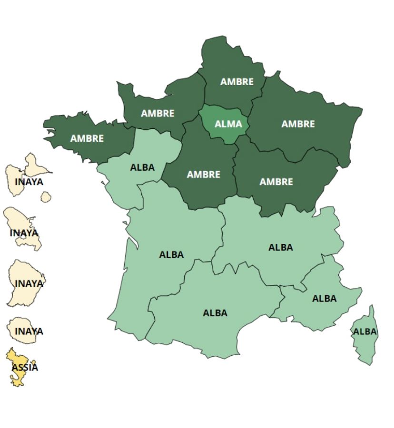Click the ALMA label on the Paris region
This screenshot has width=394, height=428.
coord(228,125)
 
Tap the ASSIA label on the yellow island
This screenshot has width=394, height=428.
coord(25,367)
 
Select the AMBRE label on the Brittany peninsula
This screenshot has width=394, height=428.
coord(87,138)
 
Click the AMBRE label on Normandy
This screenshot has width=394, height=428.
coord(158,113)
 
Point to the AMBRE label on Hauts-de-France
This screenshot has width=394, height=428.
coord(237,82)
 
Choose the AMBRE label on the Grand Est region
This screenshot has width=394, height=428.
coord(298,124)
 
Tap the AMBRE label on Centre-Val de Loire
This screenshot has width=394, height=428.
coord(204,175)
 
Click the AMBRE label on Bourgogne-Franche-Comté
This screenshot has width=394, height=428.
coord(276,182)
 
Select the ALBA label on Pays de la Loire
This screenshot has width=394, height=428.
coord(142,167)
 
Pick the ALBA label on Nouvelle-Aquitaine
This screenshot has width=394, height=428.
coord(171,254)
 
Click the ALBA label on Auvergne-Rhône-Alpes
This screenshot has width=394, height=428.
coord(281,247)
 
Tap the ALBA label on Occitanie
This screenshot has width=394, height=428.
coord(215,313)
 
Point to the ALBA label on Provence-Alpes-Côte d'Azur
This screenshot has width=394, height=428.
coord(325,299)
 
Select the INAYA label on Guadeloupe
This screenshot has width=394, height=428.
coord(29,182)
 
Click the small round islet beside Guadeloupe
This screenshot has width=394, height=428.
coord(46,196)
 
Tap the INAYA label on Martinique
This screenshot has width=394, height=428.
coord(24,233)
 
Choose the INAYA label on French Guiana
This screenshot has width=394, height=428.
coord(29,283)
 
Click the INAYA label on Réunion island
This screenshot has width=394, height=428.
coord(29,331)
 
